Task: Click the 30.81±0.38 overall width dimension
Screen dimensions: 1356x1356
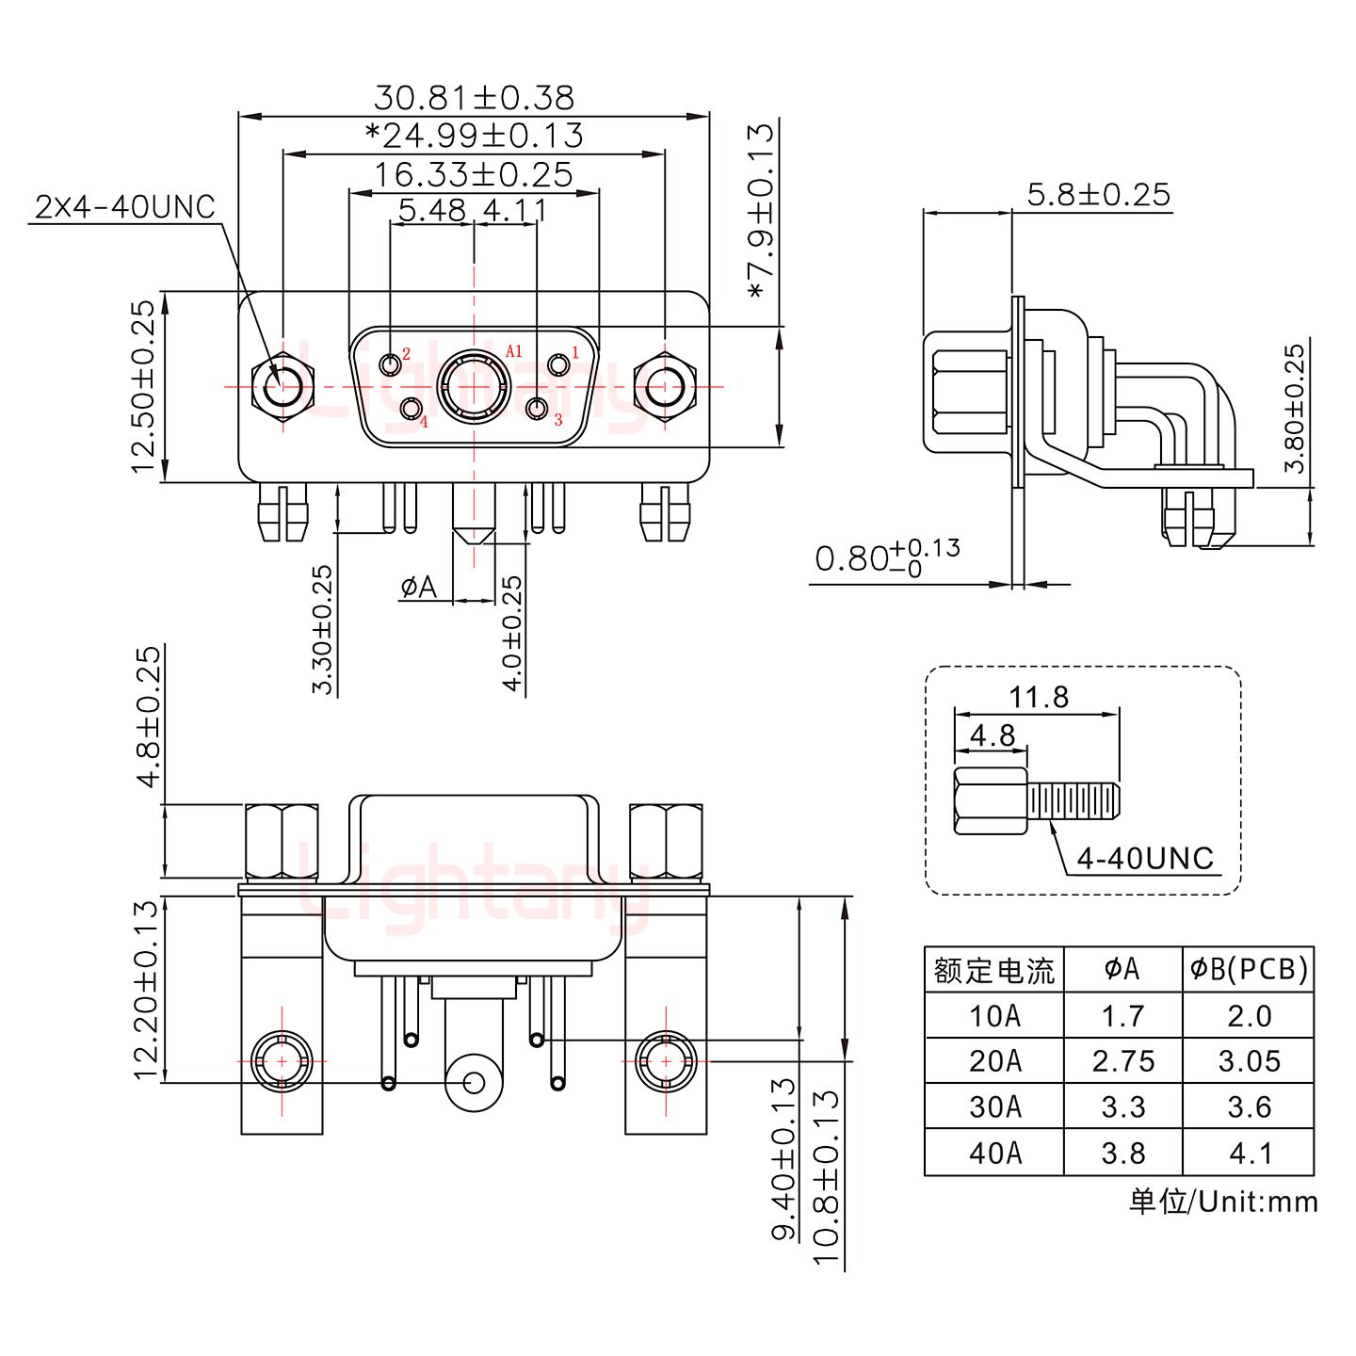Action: pos(474,97)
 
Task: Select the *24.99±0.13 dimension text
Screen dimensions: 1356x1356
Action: pos(474,136)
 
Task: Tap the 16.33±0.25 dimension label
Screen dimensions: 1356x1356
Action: pos(474,174)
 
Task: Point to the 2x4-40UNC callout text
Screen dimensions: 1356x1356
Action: pos(125,207)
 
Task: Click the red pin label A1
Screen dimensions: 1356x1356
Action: pos(513,351)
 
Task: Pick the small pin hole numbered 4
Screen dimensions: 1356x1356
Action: pos(412,409)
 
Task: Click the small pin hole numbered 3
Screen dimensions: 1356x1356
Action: pos(538,409)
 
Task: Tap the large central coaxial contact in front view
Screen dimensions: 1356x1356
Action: pos(475,386)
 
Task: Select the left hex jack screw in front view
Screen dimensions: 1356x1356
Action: pos(281,386)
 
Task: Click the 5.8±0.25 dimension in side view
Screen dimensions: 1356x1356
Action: pos(1098,195)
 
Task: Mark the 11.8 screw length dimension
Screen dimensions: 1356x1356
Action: pos(1039,697)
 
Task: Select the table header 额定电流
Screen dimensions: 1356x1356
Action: pos(993,970)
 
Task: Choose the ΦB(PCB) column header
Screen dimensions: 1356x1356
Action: pos(1249,969)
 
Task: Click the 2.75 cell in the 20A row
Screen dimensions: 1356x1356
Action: pos(1122,1061)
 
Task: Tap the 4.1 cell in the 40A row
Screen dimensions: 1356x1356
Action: pos(1249,1153)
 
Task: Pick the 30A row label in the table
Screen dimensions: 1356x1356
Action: pos(994,1106)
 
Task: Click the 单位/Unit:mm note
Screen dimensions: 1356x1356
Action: pos(1222,1202)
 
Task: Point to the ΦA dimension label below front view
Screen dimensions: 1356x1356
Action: pos(419,588)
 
